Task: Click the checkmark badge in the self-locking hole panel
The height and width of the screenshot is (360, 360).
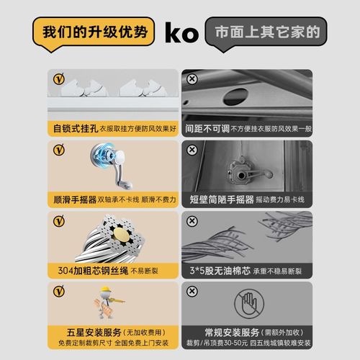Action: pos(59,78)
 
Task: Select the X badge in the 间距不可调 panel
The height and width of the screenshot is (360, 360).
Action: pos(192,78)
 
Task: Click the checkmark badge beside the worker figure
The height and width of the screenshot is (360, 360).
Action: pos(59,291)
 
